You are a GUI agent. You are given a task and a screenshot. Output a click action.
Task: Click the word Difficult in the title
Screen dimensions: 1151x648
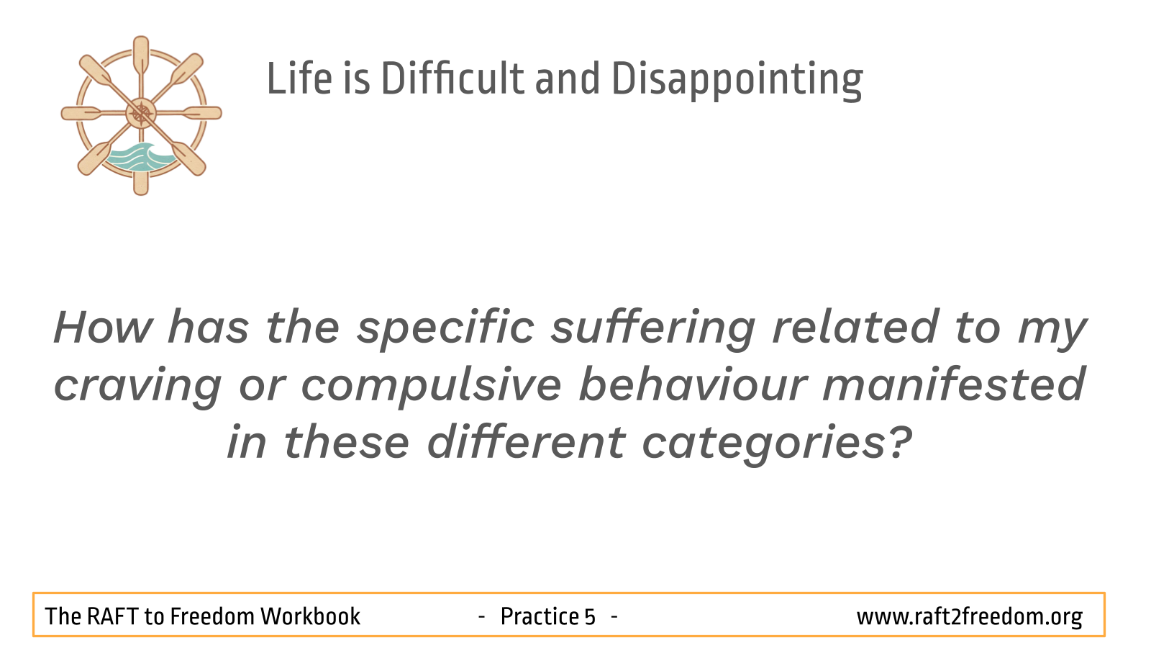click(x=452, y=78)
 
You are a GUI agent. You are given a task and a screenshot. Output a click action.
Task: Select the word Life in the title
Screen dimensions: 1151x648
click(x=299, y=78)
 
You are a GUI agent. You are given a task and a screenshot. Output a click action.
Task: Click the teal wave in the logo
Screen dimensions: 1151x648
click(x=140, y=157)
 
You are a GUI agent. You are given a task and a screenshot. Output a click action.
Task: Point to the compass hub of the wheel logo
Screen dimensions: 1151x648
click(x=141, y=113)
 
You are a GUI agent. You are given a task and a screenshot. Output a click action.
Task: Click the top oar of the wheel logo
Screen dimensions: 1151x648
click(x=141, y=57)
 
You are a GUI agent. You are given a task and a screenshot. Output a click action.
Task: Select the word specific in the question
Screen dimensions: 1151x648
click(x=446, y=329)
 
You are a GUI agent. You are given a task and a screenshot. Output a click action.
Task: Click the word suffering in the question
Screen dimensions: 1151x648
click(x=653, y=329)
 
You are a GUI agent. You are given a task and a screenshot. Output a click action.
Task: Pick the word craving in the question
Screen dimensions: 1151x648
click(x=137, y=387)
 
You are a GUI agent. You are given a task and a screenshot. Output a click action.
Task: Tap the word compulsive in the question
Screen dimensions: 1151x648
click(x=431, y=387)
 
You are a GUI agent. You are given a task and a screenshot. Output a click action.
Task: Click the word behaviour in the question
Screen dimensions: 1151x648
click(x=693, y=384)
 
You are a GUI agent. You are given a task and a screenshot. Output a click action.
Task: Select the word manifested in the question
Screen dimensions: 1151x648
click(x=954, y=384)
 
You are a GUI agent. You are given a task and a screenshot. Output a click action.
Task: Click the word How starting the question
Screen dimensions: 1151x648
click(x=103, y=327)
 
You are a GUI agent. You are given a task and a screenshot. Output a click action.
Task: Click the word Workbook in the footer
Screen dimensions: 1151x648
click(x=310, y=616)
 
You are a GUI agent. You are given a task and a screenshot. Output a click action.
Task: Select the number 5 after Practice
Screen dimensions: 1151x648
click(x=589, y=617)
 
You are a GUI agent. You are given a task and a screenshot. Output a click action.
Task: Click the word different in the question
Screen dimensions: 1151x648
click(x=526, y=441)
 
